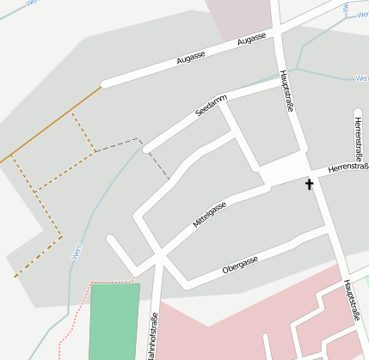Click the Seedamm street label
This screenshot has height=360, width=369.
pyautogui.click(x=211, y=107)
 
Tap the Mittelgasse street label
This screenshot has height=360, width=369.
pyautogui.click(x=210, y=216)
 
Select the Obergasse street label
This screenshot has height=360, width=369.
pyautogui.click(x=241, y=264)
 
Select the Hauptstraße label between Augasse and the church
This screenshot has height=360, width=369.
pyautogui.click(x=286, y=92)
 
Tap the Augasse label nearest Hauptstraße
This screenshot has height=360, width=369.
pyautogui.click(x=252, y=40)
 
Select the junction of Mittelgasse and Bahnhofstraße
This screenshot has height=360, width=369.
pyautogui.click(x=160, y=256)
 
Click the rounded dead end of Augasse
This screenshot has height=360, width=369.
pyautogui.click(x=105, y=84)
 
